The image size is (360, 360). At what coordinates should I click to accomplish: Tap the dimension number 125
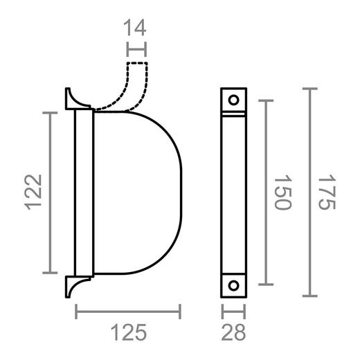(x=128, y=334)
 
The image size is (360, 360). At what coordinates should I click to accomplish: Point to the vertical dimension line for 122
(x=50, y=192)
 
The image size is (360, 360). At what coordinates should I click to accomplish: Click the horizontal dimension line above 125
(x=128, y=312)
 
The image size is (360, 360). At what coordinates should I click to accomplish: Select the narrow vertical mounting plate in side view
(x=83, y=192)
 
